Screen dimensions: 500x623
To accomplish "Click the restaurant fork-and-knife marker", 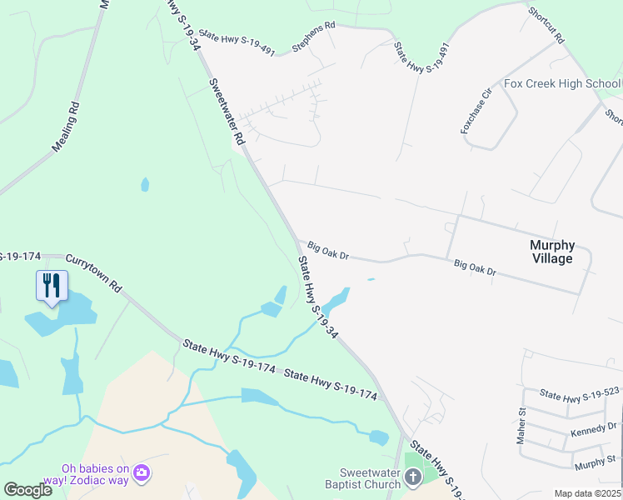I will tap(52, 285).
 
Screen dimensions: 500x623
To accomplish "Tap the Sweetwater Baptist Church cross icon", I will tap(414, 477).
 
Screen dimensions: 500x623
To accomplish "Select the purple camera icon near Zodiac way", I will tap(142, 472).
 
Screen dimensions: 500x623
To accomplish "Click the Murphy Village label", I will tap(552, 252).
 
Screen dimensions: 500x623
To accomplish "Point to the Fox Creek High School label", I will tap(562, 84).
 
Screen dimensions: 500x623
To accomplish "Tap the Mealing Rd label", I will tap(66, 126).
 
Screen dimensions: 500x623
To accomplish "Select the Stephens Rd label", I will tap(313, 37).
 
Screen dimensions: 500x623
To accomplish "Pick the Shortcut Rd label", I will tap(546, 26).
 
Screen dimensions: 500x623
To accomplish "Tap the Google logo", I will tap(28, 490).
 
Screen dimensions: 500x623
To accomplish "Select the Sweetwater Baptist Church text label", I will tap(359, 479).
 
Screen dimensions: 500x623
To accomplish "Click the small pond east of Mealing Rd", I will tap(146, 184).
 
